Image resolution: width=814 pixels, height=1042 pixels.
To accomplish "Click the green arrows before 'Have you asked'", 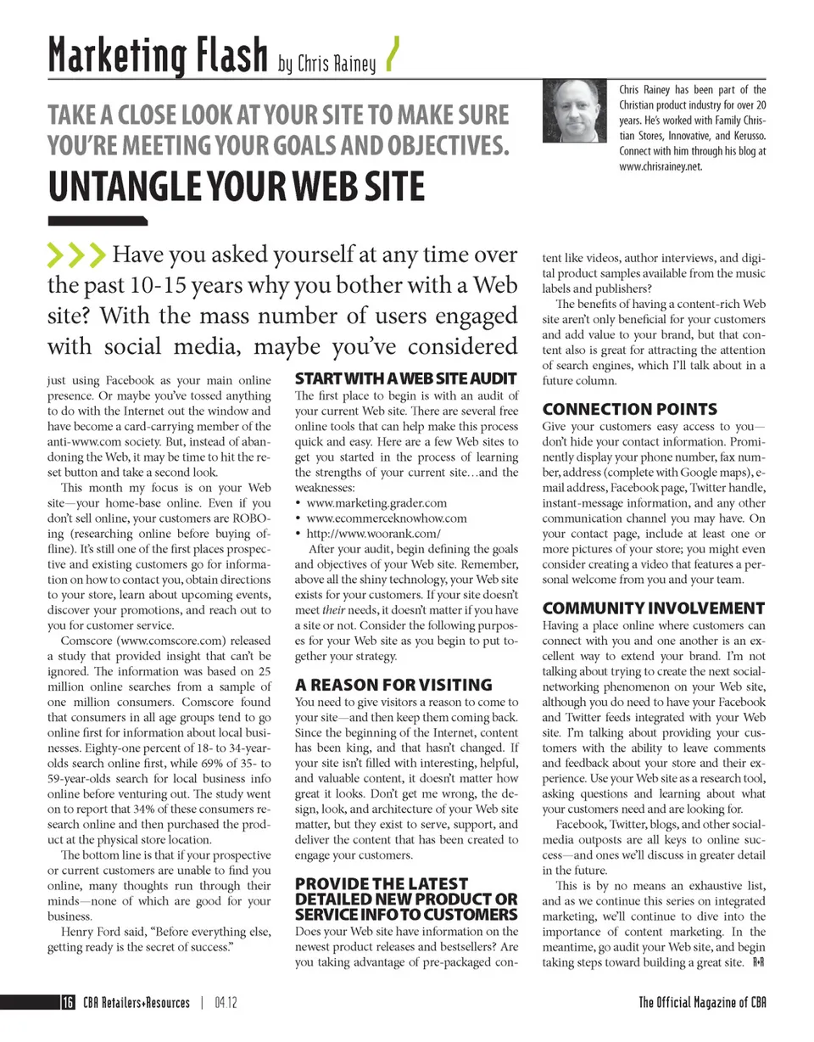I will pyautogui.click(x=76, y=254).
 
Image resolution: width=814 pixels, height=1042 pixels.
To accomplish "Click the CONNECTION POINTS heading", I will pyautogui.click(x=629, y=409).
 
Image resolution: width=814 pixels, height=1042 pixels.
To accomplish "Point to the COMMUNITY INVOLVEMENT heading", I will pyautogui.click(x=653, y=608).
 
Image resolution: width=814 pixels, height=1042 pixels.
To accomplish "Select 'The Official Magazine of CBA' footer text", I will pyautogui.click(x=703, y=1003).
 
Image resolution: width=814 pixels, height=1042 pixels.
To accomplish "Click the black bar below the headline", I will pyautogui.click(x=97, y=221).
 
